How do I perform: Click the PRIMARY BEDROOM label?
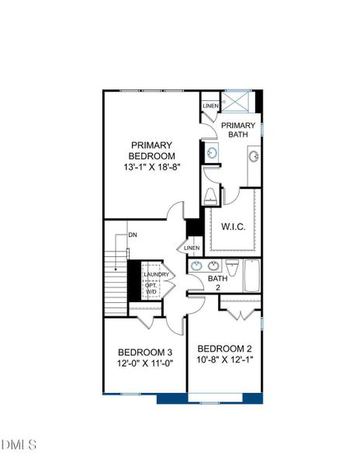(152, 150)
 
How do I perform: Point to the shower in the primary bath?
(237, 103)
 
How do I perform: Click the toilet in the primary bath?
(209, 198)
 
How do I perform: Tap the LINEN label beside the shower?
(210, 106)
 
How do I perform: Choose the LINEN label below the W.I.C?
(192, 248)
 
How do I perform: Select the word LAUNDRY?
(156, 273)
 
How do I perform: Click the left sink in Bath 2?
(197, 266)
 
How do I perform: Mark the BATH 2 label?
(217, 283)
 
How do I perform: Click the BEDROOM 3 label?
(144, 350)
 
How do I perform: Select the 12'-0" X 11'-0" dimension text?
(144, 363)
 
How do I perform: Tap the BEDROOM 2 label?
(224, 347)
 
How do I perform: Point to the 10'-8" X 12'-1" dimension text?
(224, 360)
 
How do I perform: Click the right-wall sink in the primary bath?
(254, 156)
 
